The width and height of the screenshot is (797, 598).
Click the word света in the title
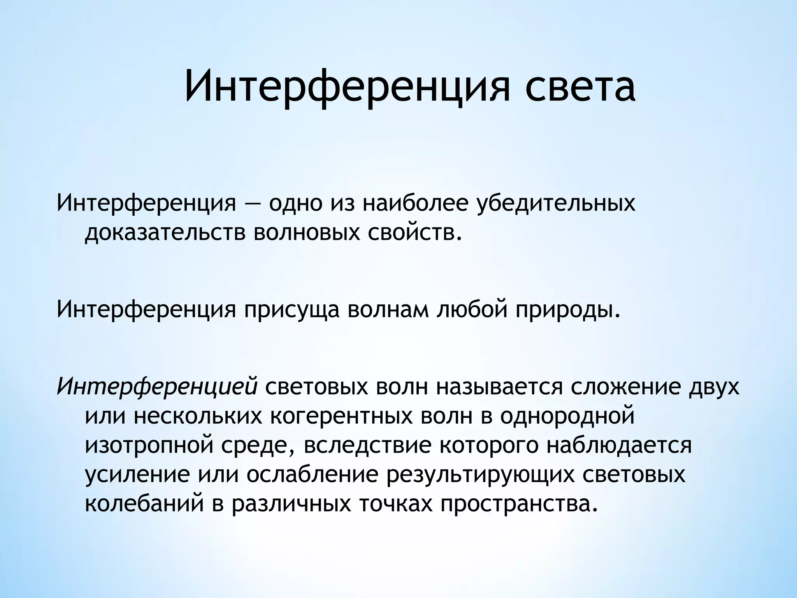tap(580, 88)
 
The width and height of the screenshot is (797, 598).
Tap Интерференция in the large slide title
tap(346, 88)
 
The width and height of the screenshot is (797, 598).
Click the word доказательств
tap(165, 232)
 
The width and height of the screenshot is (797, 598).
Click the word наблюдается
tap(619, 445)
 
